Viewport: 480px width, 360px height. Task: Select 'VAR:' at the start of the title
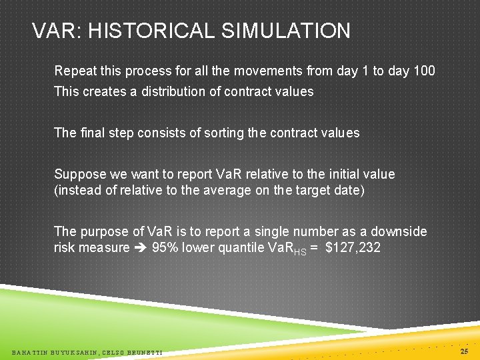[56, 31]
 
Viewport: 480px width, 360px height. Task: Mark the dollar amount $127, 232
[353, 248]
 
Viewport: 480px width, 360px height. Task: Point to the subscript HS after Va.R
[300, 251]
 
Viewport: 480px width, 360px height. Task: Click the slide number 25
[465, 350]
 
